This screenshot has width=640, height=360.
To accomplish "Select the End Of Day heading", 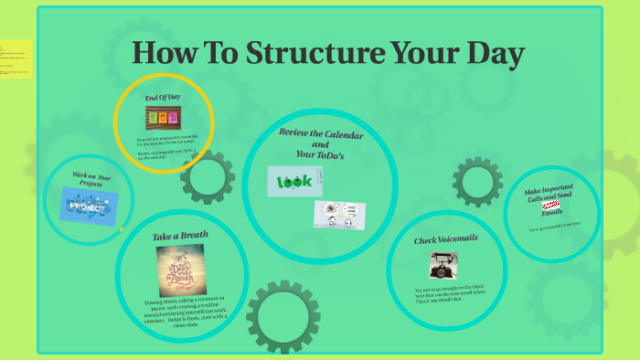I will coord(164,98).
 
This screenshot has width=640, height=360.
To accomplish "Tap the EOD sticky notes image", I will coord(164,118).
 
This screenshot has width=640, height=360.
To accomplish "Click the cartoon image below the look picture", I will coord(339,215).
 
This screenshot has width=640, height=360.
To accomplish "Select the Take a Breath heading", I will coord(180,236).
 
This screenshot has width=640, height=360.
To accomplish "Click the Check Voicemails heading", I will coord(446,238).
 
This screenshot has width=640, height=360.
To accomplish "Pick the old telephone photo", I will coord(443,266).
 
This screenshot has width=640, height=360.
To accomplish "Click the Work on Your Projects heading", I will coord(90,178).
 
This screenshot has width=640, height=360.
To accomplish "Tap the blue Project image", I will coord(89,206).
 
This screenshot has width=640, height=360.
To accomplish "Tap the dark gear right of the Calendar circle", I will coord(477,182).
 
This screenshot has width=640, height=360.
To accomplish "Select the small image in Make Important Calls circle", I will coord(550,208).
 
